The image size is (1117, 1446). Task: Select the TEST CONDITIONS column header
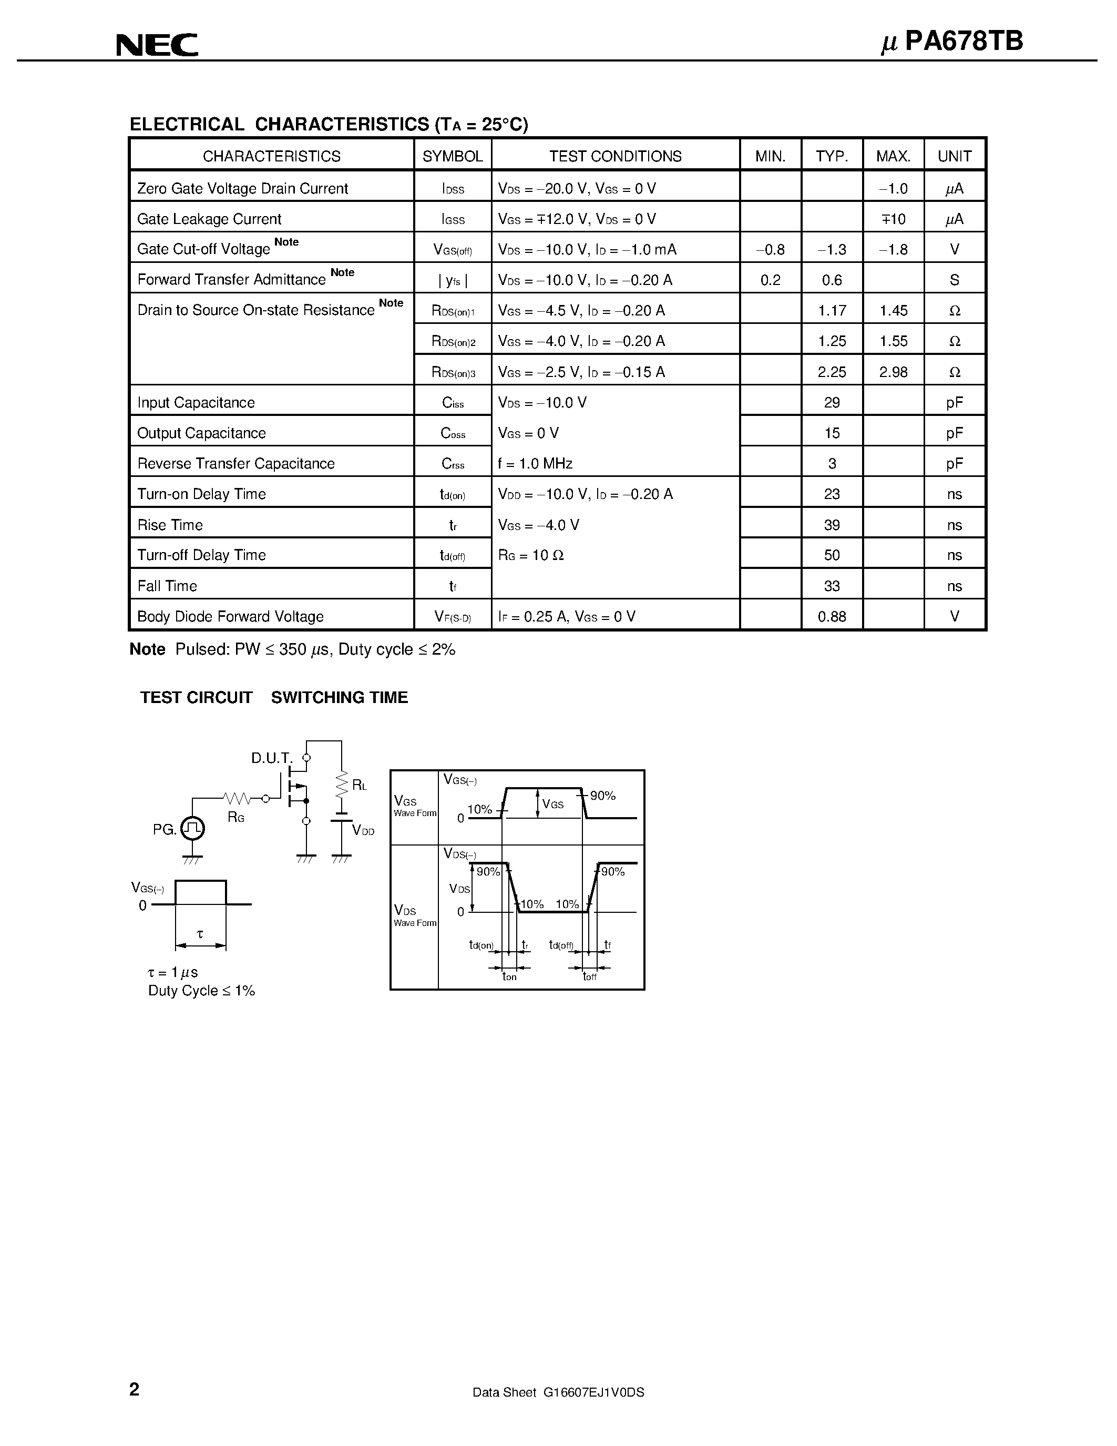(615, 156)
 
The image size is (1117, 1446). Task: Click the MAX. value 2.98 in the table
(893, 372)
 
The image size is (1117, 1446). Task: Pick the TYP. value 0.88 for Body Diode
(831, 616)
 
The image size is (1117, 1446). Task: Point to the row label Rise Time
(170, 525)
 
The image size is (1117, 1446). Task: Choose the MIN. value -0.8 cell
(770, 250)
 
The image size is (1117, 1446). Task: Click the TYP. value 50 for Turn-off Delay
(831, 555)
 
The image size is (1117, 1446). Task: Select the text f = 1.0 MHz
(535, 463)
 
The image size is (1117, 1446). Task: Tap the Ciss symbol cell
(453, 403)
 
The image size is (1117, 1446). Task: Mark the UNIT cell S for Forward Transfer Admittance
(954, 280)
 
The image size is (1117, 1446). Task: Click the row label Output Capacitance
(201, 433)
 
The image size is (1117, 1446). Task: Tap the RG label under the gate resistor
(236, 817)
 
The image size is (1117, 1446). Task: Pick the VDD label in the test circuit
(363, 830)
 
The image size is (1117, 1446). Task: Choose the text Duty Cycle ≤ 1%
(201, 991)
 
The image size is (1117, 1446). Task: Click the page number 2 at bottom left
(135, 1389)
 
